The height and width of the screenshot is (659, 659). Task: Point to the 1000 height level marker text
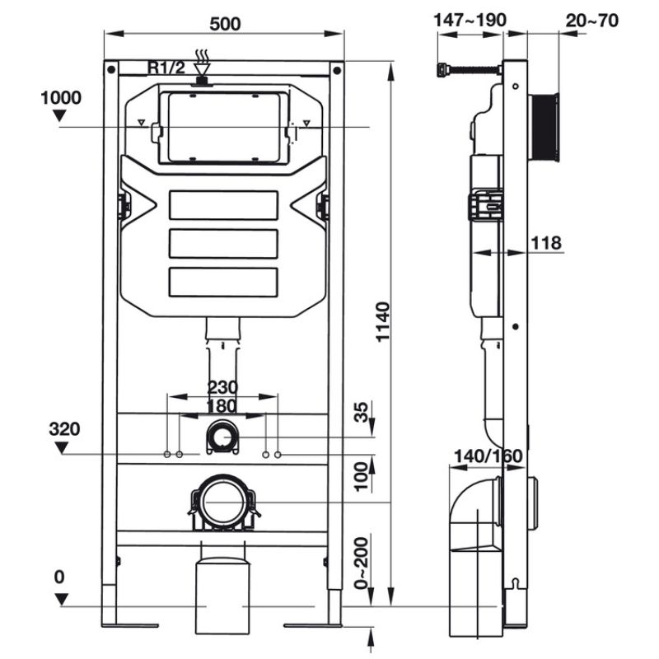pyautogui.click(x=60, y=98)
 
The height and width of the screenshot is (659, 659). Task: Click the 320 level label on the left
pyautogui.click(x=65, y=429)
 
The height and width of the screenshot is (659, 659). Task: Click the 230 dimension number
pyautogui.click(x=222, y=387)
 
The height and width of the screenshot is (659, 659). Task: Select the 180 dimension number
pyautogui.click(x=222, y=406)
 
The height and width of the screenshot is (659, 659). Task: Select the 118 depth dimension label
pyautogui.click(x=546, y=243)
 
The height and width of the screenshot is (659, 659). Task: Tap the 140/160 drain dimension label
pyautogui.click(x=487, y=456)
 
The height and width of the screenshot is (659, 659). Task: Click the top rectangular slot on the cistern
pyautogui.click(x=222, y=206)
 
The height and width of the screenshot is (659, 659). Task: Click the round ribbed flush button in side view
pyautogui.click(x=544, y=128)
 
